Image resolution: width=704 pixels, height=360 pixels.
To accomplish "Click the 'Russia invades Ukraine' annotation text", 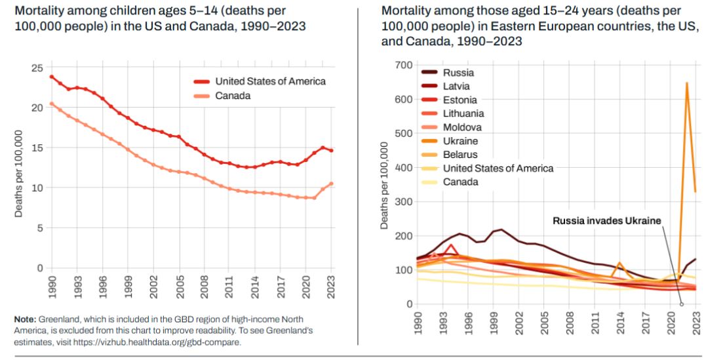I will click(607, 220).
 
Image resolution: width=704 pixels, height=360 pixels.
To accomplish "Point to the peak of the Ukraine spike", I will click(686, 83).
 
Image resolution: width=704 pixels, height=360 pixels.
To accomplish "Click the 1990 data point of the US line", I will click(51, 77).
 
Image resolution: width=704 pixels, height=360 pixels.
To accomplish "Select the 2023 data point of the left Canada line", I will click(331, 184).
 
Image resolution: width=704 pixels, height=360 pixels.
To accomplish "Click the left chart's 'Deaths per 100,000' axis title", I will click(19, 174).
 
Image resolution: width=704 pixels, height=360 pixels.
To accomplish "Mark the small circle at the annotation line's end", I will click(682, 304).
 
